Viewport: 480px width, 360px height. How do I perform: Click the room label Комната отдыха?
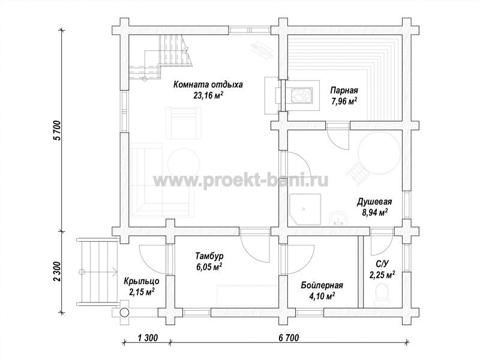click(208, 85)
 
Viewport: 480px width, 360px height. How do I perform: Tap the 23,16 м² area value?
click(208, 95)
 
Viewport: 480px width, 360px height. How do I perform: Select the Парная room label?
click(344, 91)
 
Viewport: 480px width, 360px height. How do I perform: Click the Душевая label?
click(374, 202)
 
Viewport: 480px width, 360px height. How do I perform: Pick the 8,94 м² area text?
click(375, 212)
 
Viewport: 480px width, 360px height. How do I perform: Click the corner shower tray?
click(305, 209)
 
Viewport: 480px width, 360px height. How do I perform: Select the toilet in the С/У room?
click(382, 295)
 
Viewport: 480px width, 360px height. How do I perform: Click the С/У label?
click(382, 264)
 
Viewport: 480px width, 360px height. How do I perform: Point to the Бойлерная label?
click(322, 286)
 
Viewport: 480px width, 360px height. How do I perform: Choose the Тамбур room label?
click(209, 256)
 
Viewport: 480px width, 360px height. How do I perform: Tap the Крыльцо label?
click(141, 281)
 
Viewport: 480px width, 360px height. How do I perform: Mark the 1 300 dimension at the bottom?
click(148, 338)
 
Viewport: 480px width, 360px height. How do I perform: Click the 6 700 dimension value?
click(289, 338)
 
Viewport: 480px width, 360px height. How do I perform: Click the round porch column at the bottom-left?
click(124, 312)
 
